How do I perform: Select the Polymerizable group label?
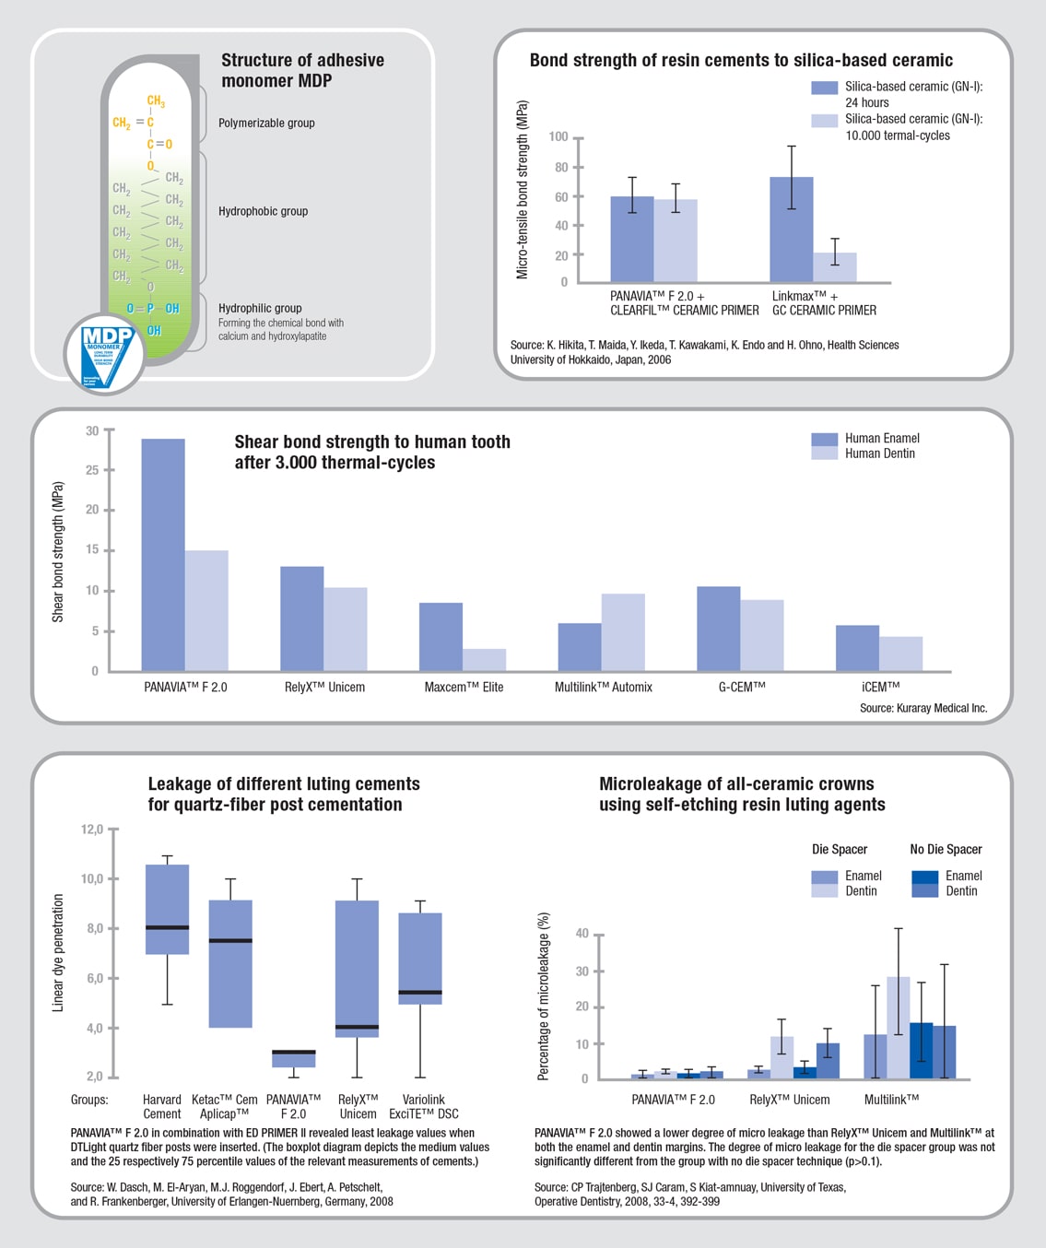(x=266, y=123)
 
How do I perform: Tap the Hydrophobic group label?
(x=263, y=211)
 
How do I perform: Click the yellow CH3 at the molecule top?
(x=156, y=100)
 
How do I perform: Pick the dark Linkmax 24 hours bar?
(x=792, y=230)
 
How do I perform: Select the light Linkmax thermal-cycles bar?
(x=835, y=267)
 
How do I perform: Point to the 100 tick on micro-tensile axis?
(x=558, y=137)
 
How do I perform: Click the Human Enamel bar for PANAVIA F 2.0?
(x=163, y=555)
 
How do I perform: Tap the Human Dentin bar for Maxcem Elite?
(x=485, y=660)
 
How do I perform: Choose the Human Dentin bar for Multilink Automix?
(x=623, y=632)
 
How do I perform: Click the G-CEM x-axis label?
(x=742, y=687)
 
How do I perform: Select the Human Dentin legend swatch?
(x=824, y=453)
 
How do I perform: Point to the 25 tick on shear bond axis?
(x=92, y=470)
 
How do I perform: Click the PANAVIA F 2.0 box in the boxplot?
(x=294, y=1058)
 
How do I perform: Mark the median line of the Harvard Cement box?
(x=168, y=927)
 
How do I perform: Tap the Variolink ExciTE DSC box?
(x=420, y=959)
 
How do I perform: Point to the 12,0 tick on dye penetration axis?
(x=92, y=830)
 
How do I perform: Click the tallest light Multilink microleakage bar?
(x=898, y=1028)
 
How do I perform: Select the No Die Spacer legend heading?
(x=946, y=849)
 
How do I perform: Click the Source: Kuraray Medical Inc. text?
(x=923, y=708)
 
